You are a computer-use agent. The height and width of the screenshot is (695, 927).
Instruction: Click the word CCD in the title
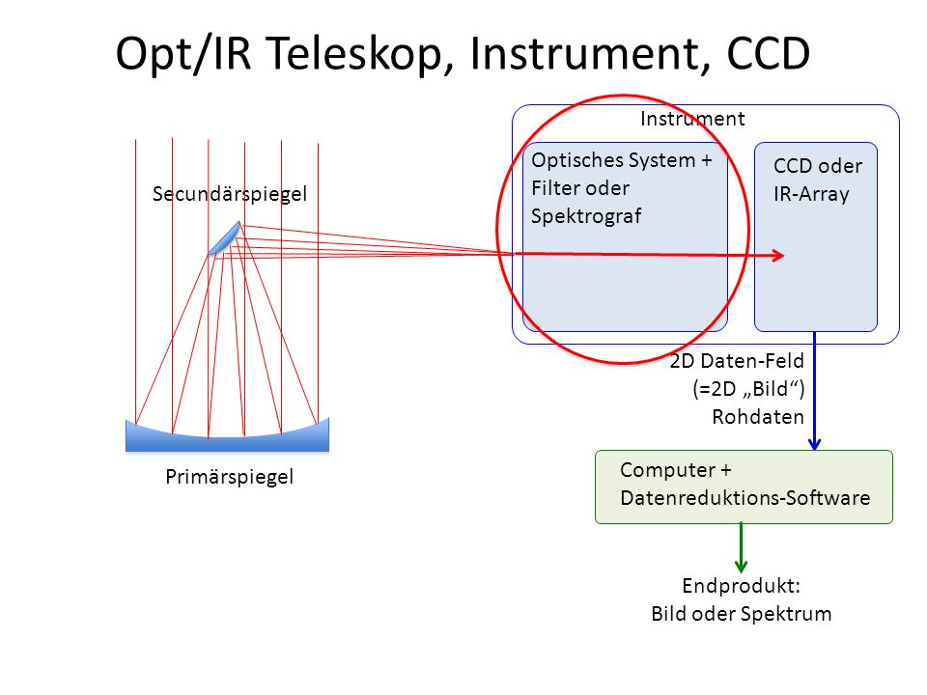[768, 54]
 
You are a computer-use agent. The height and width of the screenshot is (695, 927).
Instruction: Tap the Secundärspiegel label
[230, 195]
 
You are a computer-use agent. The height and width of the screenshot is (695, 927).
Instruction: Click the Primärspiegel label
[230, 477]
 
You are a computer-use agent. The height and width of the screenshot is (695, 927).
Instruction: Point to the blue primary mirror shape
[227, 436]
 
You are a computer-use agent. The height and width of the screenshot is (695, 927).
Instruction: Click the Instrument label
[692, 119]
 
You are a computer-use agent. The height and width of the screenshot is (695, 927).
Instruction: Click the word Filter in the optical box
[555, 188]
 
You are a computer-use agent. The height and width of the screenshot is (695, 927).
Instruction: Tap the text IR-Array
[811, 194]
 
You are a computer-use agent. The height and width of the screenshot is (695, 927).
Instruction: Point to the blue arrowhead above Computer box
[814, 443]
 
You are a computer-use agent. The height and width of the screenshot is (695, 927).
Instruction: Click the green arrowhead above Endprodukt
[741, 567]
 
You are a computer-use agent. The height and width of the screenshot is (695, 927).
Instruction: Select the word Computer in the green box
[667, 470]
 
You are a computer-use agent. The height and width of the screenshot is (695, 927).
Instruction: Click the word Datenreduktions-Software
[744, 498]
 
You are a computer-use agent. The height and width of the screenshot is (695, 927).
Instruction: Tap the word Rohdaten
[758, 417]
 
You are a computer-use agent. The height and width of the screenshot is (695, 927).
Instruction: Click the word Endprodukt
[739, 586]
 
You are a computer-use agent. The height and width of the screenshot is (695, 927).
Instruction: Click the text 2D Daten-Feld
[737, 361]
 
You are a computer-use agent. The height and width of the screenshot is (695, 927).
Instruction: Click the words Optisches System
[613, 161]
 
